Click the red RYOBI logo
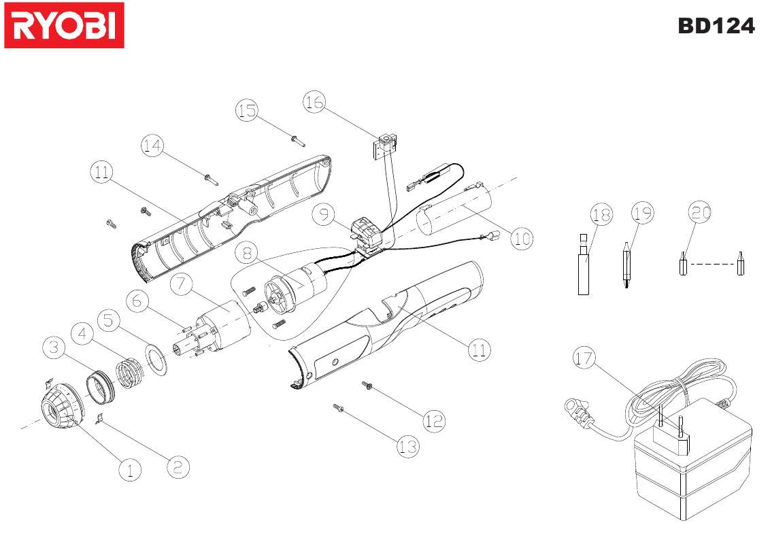(x=64, y=25)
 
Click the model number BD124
(x=716, y=26)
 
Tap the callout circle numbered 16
(x=314, y=103)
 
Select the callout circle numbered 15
(x=248, y=110)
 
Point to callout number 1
(x=129, y=469)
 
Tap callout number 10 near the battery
(x=521, y=239)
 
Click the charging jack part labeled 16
(x=386, y=143)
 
